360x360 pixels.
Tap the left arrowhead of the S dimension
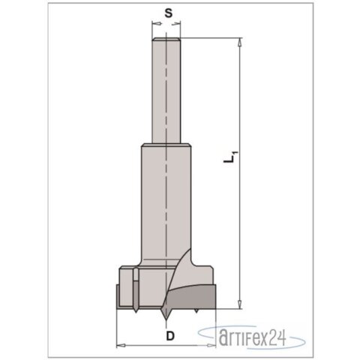(x=155, y=24)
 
